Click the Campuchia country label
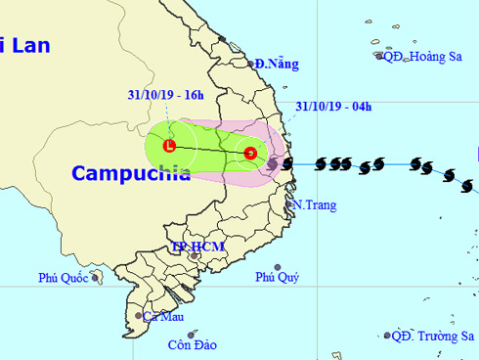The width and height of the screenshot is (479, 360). coord(130,173)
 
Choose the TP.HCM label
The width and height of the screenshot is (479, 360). coord(196,247)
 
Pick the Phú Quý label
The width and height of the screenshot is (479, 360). coord(277,278)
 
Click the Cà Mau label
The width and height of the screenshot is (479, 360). coord(163,316)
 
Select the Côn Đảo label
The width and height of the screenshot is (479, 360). coord(191,344)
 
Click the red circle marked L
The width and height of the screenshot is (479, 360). coord(169,147)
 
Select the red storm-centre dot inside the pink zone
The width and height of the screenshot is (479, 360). coord(250,153)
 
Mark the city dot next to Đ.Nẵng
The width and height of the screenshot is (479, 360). coord(252,65)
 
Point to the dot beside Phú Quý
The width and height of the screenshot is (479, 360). coord(278,267)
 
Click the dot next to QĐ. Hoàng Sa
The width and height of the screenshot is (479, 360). coord(380,56)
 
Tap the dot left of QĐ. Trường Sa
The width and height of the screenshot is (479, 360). coord(386,336)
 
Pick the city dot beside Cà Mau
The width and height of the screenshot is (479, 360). coord(138,316)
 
